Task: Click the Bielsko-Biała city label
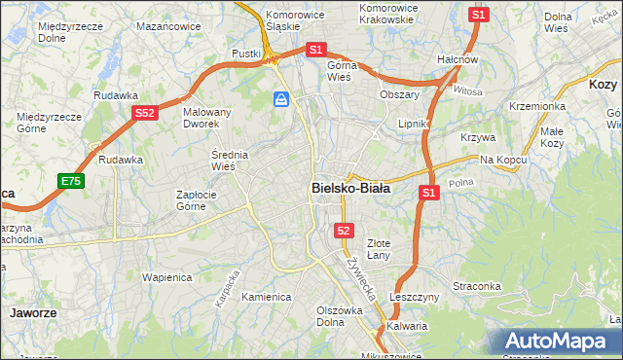coord(350,189)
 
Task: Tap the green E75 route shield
coord(70,181)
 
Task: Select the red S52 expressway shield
coord(145,113)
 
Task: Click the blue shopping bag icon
coord(281,99)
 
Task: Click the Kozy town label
coord(604,85)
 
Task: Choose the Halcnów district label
coord(458,59)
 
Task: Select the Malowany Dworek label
coord(207,118)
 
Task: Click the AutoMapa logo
coord(558,341)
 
